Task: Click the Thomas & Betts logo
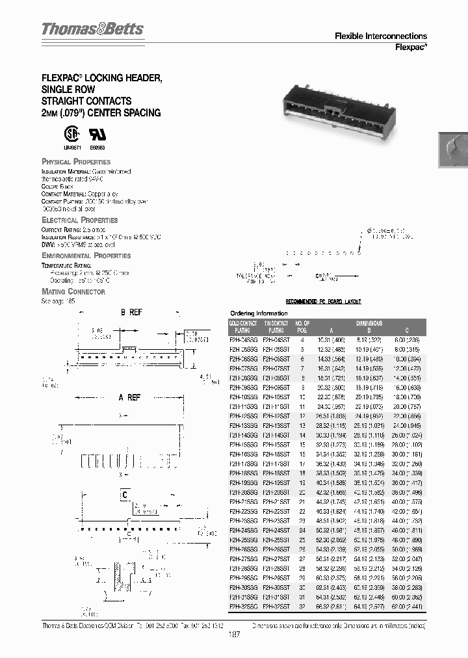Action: pos(92,29)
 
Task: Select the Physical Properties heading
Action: pos(76,161)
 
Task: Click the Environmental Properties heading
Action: pos(86,256)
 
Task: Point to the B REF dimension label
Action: pos(131,313)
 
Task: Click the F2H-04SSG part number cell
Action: pos(244,339)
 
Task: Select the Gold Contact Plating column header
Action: pos(244,326)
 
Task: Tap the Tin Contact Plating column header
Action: pos(277,326)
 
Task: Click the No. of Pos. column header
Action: pos(302,326)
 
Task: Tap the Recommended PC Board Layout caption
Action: pos(324,302)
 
